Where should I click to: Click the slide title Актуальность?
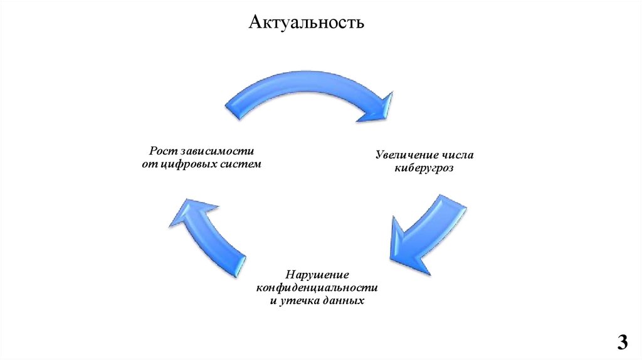point(307,23)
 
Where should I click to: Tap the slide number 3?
point(622,342)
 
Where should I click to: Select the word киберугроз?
point(424,168)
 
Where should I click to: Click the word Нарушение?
point(317,275)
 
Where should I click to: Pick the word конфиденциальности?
point(317,288)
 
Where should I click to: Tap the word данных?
point(345,301)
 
